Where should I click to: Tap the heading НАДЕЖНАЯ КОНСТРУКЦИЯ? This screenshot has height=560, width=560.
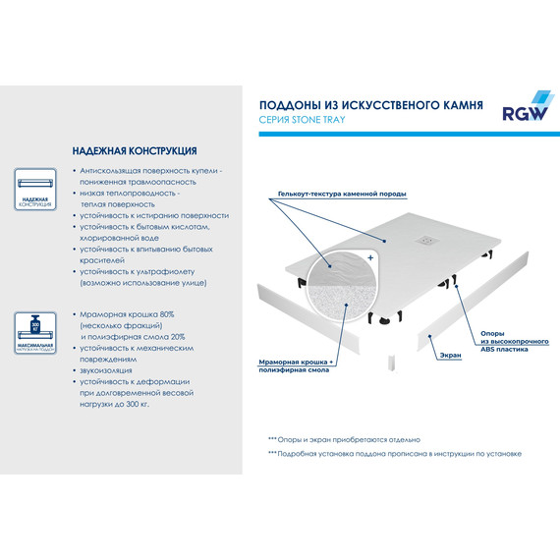[x=135, y=152]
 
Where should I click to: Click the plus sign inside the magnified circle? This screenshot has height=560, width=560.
[x=369, y=256]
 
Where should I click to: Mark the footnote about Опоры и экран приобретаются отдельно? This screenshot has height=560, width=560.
[x=343, y=439]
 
